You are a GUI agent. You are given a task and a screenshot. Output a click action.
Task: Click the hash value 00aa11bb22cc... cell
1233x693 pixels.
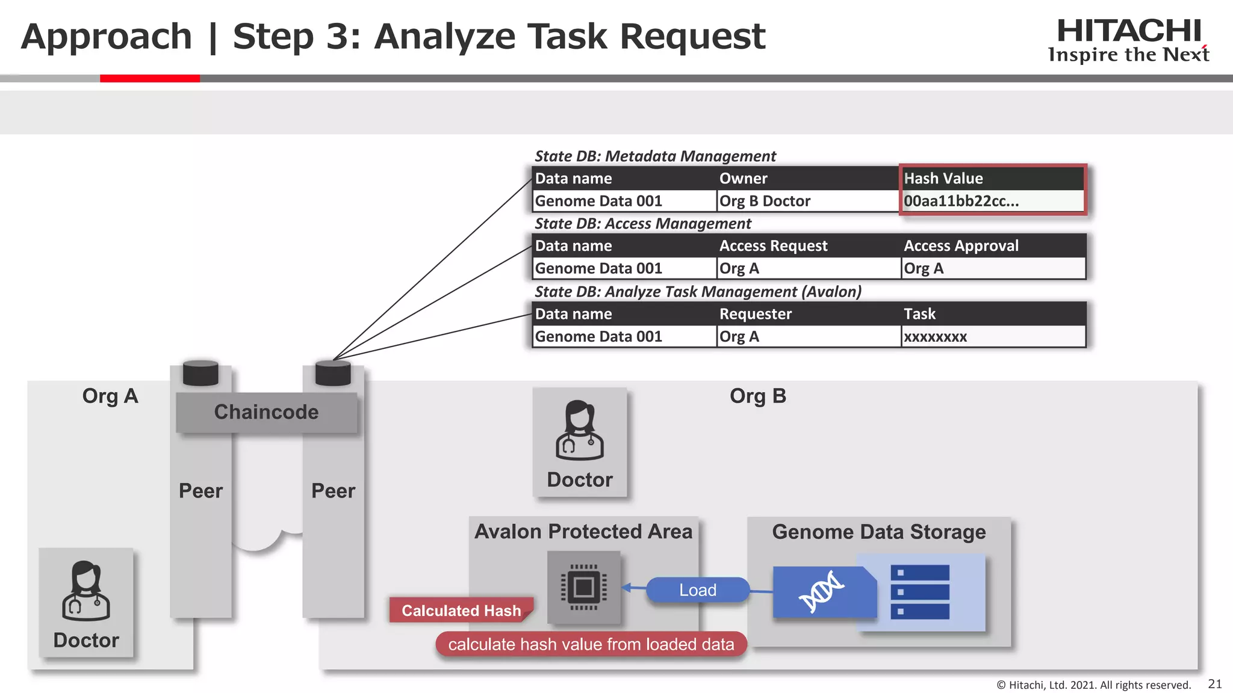tap(961, 202)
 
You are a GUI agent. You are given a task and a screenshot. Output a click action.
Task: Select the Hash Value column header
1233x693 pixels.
tap(943, 179)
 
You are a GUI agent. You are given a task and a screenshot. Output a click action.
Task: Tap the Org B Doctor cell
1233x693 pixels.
tap(765, 202)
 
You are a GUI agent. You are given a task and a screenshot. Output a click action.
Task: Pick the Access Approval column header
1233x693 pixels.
tap(961, 246)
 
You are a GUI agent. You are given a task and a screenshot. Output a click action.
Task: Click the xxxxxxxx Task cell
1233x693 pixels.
tap(935, 337)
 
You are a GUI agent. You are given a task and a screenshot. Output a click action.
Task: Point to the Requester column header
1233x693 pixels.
tap(755, 314)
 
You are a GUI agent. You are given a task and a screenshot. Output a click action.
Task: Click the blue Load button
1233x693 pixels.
tap(698, 590)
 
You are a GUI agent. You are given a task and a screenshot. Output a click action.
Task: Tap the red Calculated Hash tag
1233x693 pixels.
tap(461, 611)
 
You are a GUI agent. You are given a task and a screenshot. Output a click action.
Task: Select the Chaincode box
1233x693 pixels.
tap(266, 412)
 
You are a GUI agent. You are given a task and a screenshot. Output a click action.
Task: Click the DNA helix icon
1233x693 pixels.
tap(821, 593)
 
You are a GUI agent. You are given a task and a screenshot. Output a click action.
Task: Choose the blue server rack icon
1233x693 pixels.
tap(919, 592)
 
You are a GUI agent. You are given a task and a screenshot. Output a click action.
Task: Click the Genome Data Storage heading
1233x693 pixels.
tap(878, 532)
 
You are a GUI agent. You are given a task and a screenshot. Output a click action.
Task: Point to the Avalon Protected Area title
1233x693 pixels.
tap(583, 532)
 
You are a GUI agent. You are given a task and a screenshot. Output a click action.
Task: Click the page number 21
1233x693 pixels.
tap(1215, 684)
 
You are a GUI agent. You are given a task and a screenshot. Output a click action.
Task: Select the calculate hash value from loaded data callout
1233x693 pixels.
tap(591, 644)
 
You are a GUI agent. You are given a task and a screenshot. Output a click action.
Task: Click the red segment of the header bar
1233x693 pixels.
tap(149, 78)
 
